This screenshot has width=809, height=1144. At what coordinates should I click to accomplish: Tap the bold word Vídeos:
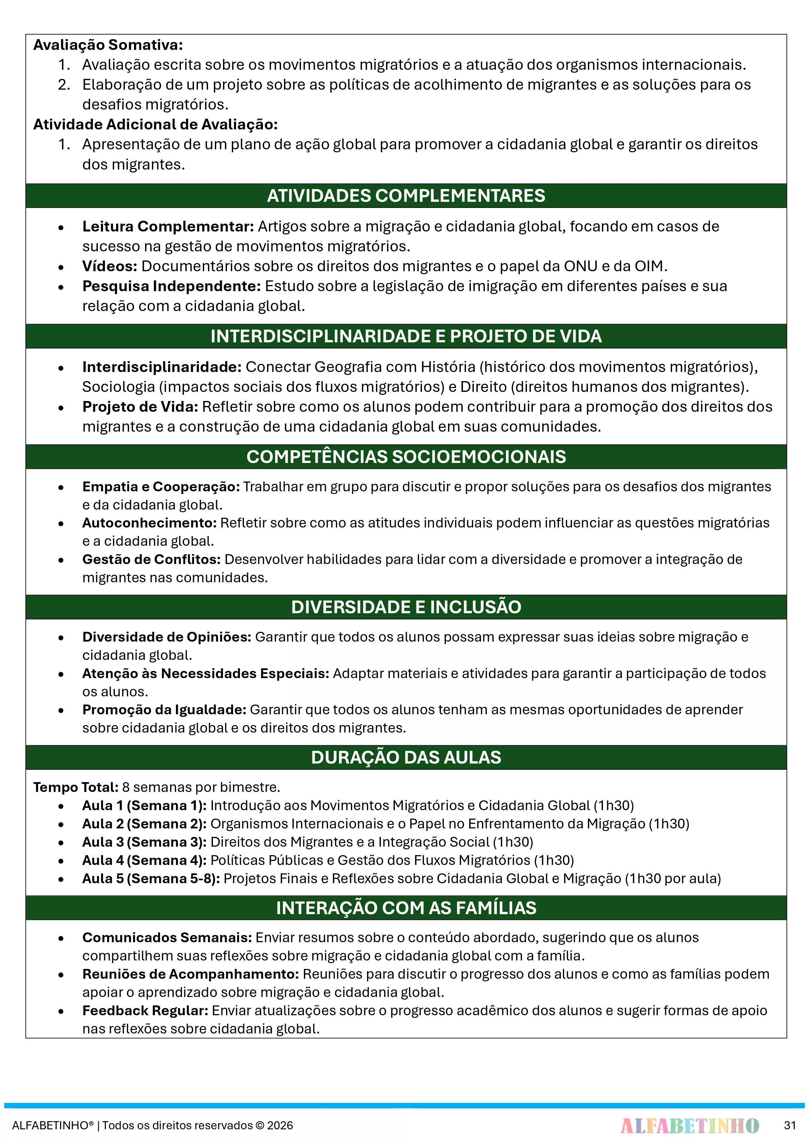(x=110, y=267)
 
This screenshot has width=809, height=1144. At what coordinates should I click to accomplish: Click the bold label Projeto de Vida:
(x=141, y=407)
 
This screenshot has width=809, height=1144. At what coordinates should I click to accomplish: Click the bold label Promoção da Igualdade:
(x=164, y=710)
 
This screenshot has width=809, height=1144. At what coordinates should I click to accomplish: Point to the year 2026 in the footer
(x=280, y=1125)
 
